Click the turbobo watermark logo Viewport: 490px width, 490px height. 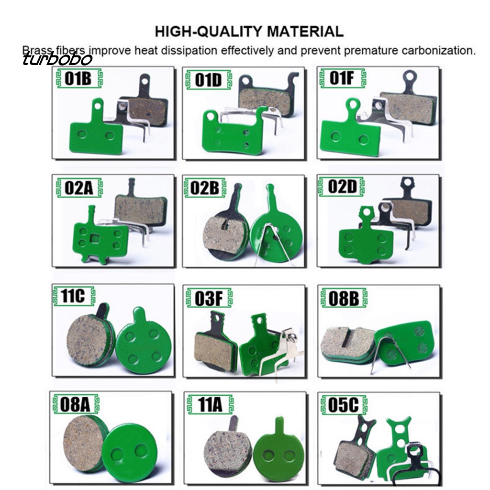(x=57, y=59)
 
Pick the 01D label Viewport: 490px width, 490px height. (x=209, y=80)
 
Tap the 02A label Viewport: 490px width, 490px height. (x=79, y=188)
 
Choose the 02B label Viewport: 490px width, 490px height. (x=205, y=187)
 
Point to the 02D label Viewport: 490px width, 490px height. (x=342, y=187)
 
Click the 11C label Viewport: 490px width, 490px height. (x=73, y=295)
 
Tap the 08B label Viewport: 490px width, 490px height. (x=344, y=298)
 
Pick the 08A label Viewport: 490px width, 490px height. (x=75, y=404)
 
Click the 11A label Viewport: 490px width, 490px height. (x=210, y=405)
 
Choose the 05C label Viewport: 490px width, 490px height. (x=344, y=405)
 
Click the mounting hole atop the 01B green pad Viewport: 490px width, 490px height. (x=98, y=106)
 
